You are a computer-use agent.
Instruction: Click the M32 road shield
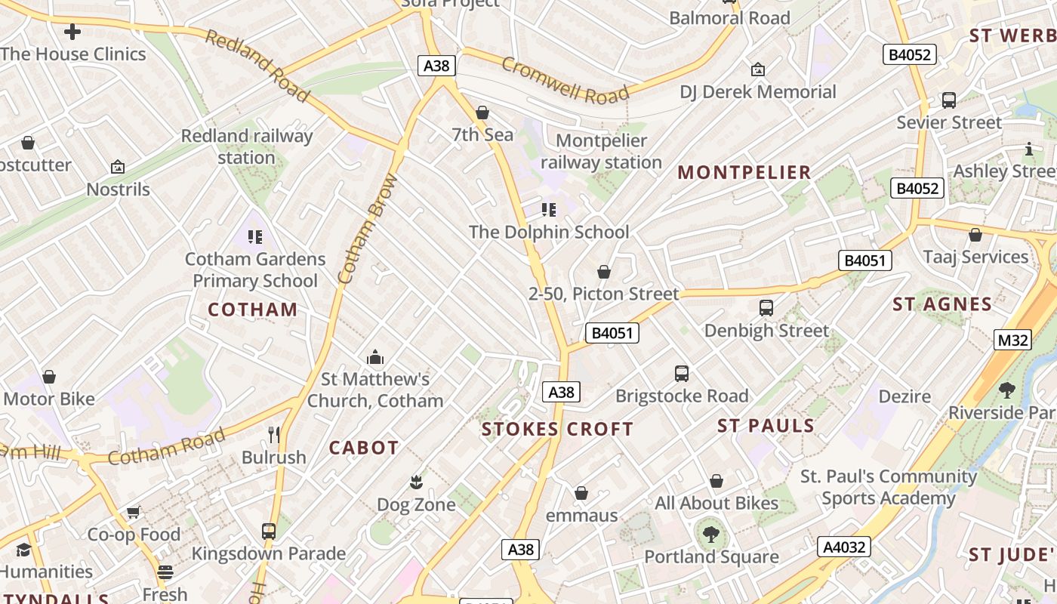1012,340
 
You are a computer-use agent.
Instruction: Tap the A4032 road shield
844,547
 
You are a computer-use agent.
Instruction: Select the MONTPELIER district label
744,172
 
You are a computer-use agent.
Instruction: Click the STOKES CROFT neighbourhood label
557,429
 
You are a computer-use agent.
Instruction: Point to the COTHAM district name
252,309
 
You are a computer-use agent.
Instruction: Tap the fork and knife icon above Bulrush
274,434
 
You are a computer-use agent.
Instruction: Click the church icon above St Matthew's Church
374,356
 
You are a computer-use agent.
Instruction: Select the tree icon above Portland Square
710,535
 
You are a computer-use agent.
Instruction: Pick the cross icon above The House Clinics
72,32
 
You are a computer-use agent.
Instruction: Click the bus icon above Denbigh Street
766,308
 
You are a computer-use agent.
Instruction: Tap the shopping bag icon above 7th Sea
482,112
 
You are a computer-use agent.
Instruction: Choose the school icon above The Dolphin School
549,209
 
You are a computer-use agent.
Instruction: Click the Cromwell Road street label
565,79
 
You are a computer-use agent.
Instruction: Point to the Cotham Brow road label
368,229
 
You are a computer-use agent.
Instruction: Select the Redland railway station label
246,146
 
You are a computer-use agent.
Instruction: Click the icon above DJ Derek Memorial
758,69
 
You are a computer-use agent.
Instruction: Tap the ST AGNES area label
941,304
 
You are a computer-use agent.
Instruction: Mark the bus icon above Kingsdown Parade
268,531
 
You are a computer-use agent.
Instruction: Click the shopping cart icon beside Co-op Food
134,512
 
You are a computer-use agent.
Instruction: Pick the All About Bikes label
716,503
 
